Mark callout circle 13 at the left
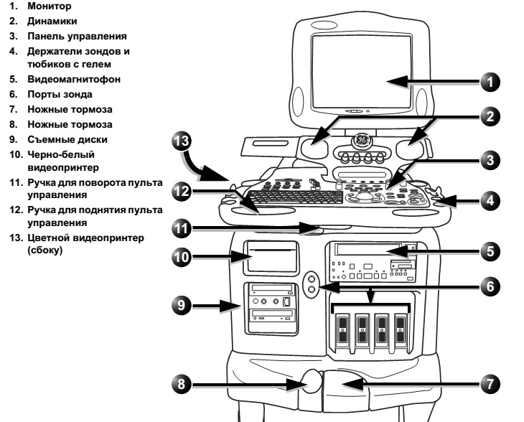coord(184,141)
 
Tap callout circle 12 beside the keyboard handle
coord(184,193)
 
